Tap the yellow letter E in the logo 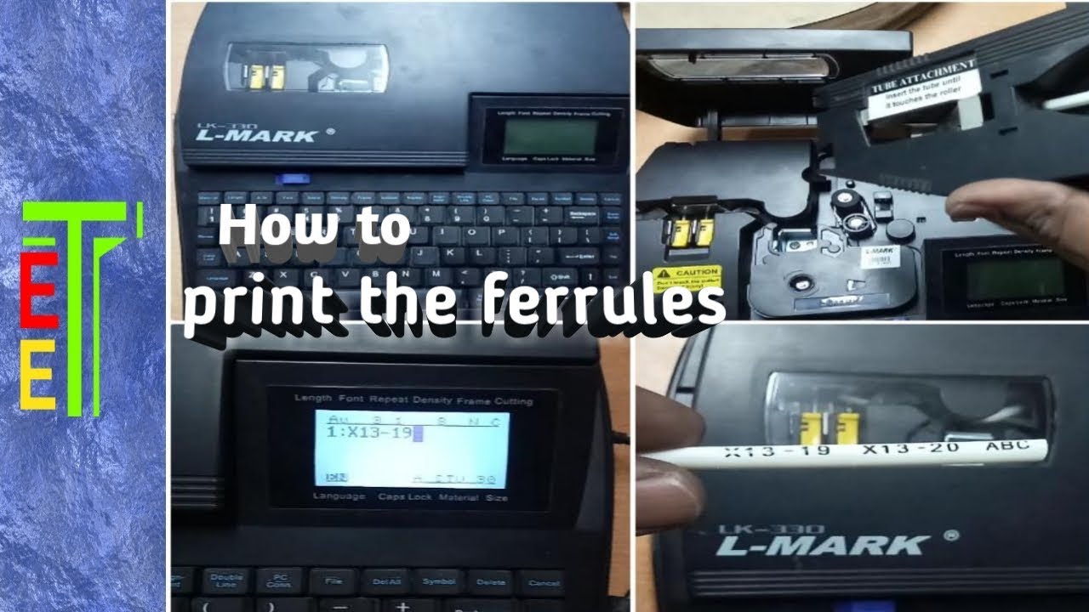[x=39, y=379]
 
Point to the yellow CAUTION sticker [x=692, y=277]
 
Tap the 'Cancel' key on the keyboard [x=544, y=582]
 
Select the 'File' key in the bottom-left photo [x=332, y=582]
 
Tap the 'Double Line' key [x=227, y=581]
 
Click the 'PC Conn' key [x=280, y=581]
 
